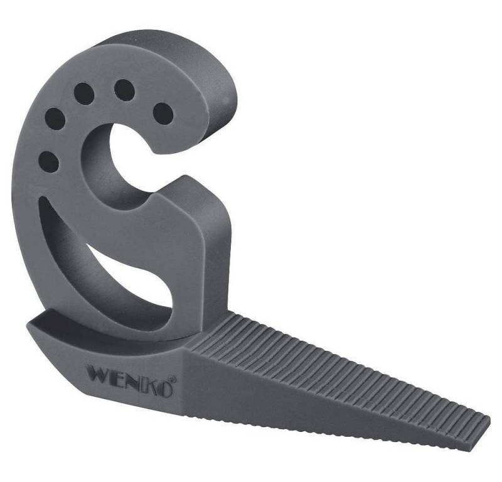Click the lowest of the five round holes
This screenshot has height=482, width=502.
pyautogui.click(x=48, y=163)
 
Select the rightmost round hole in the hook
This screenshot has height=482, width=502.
pyautogui.click(x=163, y=113)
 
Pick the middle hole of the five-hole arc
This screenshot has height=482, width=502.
pyautogui.click(x=84, y=94)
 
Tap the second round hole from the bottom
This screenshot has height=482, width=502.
pyautogui.click(x=55, y=119)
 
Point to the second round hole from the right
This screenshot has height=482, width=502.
pyautogui.click(x=124, y=90)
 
